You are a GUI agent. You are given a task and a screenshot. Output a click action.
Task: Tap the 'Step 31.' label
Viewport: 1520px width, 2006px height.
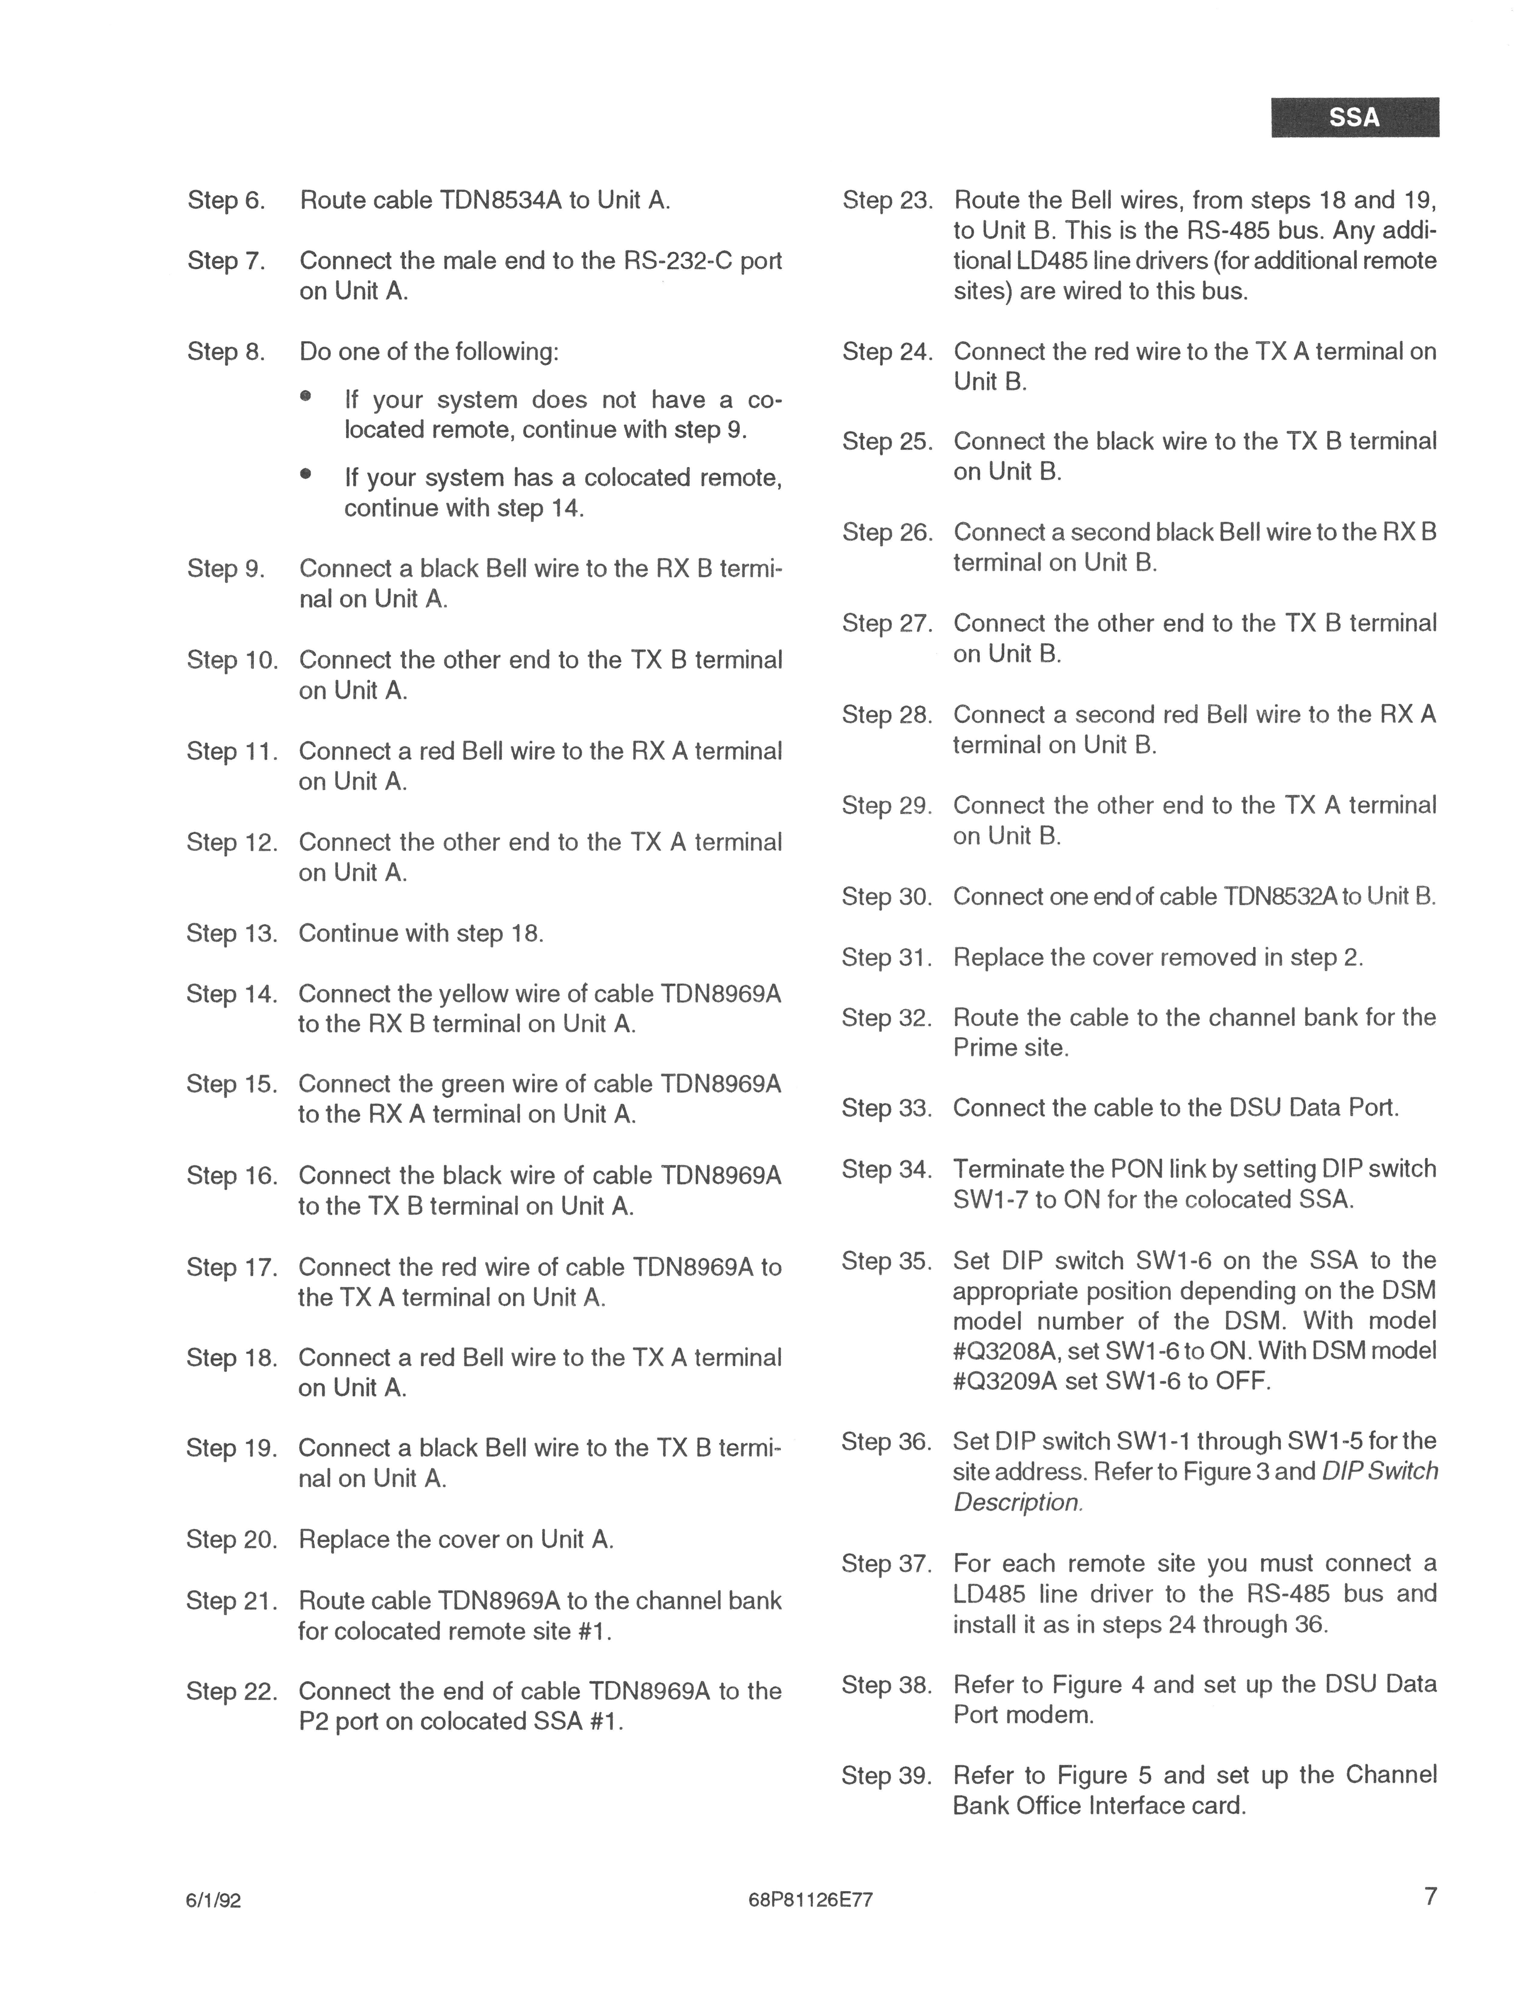click(886, 958)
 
